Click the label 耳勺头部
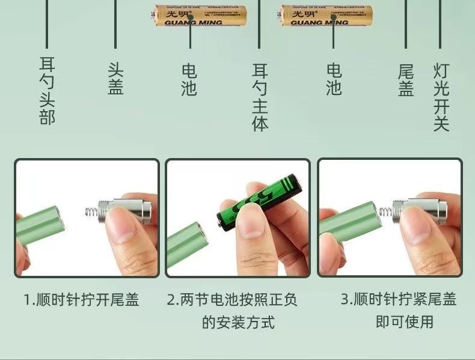tap(47, 91)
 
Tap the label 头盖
tap(115, 79)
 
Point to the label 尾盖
tap(406, 80)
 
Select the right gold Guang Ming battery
tap(326, 16)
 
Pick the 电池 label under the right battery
tap(334, 80)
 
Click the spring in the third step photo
tap(387, 211)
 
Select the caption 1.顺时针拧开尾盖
tap(81, 299)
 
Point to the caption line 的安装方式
tap(238, 322)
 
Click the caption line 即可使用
tap(405, 322)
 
